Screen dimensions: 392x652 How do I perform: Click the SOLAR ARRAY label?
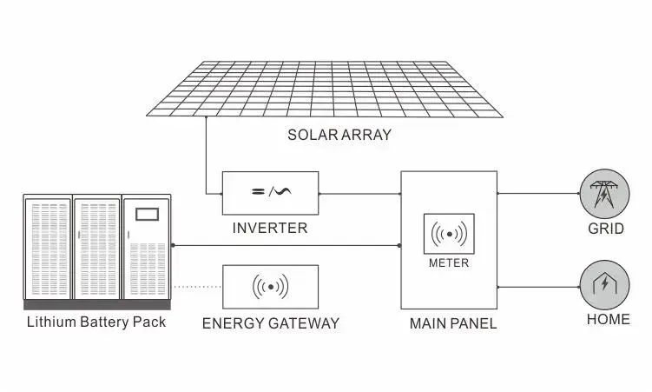pos(339,135)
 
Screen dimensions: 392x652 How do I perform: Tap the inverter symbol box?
pos(271,193)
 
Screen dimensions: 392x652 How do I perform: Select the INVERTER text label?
pos(270,229)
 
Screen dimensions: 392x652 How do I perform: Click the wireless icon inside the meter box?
pos(449,235)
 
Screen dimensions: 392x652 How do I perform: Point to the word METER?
pos(449,262)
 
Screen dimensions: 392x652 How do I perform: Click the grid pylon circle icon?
pos(604,195)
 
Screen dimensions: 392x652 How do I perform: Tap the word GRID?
pos(606,229)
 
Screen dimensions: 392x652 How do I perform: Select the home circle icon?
pos(604,284)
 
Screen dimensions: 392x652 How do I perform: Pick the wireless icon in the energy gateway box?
pos(270,286)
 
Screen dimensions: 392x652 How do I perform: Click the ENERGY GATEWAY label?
pos(271,323)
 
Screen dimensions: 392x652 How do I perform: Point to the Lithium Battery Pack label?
pos(96,322)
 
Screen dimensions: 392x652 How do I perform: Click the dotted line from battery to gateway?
pos(197,286)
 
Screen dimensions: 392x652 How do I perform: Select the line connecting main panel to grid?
pos(538,194)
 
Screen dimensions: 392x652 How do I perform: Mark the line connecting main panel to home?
pos(538,285)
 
